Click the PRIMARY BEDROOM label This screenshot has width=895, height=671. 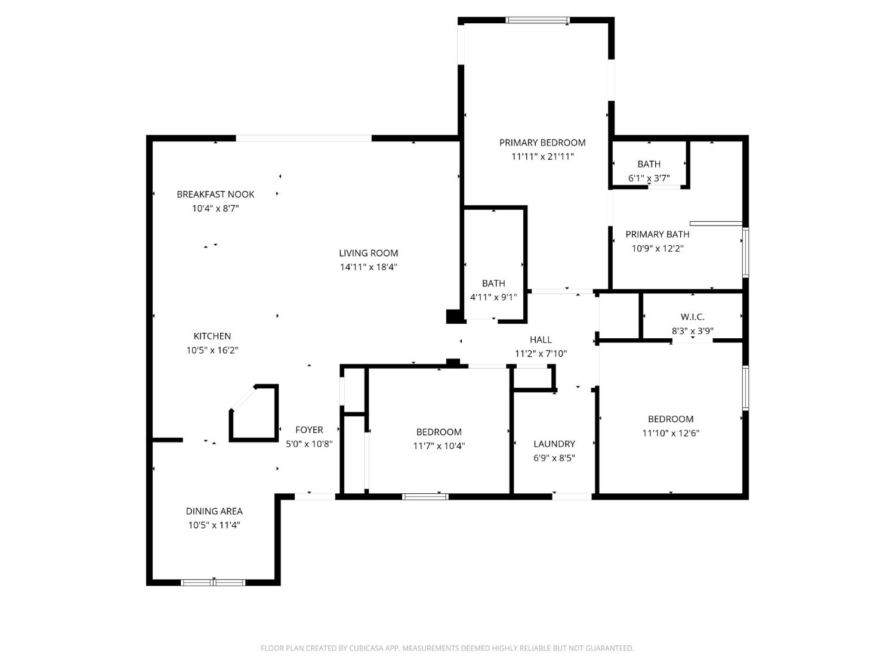click(x=542, y=143)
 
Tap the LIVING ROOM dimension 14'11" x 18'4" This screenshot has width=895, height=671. click(x=368, y=267)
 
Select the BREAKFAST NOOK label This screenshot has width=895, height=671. click(x=215, y=194)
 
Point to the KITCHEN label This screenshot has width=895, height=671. click(x=212, y=336)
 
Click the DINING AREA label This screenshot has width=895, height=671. click(x=214, y=511)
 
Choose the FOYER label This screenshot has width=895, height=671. click(x=309, y=429)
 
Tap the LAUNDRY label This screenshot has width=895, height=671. click(x=554, y=444)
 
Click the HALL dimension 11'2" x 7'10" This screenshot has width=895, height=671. click(x=541, y=353)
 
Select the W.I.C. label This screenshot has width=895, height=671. click(x=692, y=317)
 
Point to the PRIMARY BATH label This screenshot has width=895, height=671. click(x=658, y=234)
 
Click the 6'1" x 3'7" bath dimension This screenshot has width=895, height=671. click(x=649, y=178)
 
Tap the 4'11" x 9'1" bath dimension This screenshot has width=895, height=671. click(x=493, y=297)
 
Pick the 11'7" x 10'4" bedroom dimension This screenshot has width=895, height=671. click(x=439, y=446)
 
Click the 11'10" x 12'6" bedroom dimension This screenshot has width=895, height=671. click(x=670, y=432)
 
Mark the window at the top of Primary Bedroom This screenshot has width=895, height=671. click(x=538, y=20)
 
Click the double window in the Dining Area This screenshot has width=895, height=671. click(x=213, y=582)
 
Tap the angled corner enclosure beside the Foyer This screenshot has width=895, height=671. click(x=254, y=413)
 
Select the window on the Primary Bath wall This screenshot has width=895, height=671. click(x=745, y=252)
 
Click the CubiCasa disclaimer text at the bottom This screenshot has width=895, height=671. click(x=447, y=648)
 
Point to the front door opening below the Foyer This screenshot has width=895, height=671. click(x=315, y=496)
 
